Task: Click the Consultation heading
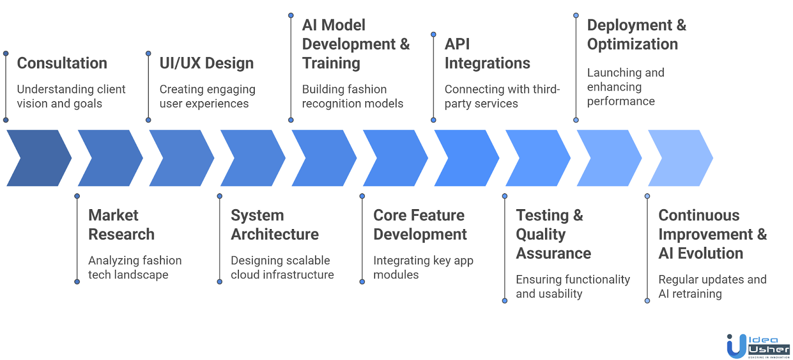click(62, 63)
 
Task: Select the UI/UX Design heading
click(206, 63)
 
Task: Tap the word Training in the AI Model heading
click(331, 63)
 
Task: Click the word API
click(457, 44)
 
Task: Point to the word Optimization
click(632, 44)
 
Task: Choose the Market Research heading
click(121, 225)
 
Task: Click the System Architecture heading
click(275, 225)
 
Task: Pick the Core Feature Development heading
click(420, 225)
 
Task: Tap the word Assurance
click(554, 253)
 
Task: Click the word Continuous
click(699, 215)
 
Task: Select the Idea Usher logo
click(758, 346)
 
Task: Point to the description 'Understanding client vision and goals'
click(71, 96)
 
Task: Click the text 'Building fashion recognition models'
click(352, 96)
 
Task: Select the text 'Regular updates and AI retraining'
click(712, 287)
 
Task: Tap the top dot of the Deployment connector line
click(576, 15)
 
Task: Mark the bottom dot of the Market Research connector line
click(77, 282)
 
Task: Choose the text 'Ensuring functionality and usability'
click(572, 287)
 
